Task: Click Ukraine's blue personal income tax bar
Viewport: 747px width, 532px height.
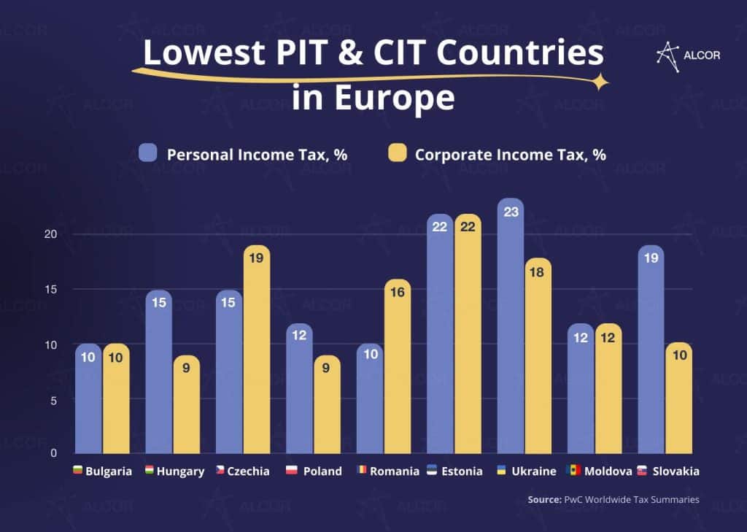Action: point(511,328)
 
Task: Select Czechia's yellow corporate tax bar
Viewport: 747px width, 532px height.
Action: point(257,350)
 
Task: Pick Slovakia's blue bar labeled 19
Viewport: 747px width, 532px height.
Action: point(651,350)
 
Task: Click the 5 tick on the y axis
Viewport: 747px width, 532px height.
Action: point(53,400)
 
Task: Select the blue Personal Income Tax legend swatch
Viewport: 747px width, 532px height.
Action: point(148,153)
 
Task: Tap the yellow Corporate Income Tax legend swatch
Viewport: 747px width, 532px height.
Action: point(397,153)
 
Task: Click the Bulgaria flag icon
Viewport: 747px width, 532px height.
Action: point(77,470)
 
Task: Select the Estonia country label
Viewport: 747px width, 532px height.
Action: point(461,471)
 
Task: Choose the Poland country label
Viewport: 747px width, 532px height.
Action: point(322,471)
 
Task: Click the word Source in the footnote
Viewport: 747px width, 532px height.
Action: point(543,500)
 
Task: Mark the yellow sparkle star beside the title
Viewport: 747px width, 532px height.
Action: point(600,82)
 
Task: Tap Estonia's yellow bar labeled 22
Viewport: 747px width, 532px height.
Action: point(468,336)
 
